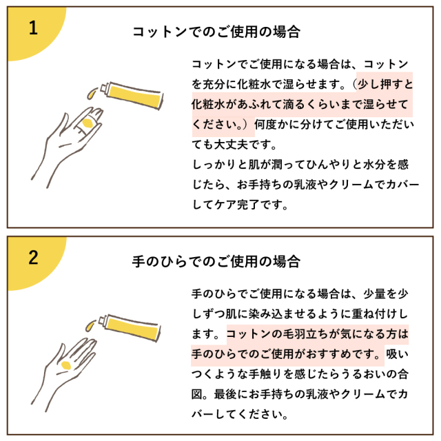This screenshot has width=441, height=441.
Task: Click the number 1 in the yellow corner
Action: coord(33,28)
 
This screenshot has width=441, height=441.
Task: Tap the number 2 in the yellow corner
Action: coord(33,257)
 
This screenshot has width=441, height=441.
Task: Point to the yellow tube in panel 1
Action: coord(132,95)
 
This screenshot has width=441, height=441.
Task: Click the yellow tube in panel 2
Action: coord(130,327)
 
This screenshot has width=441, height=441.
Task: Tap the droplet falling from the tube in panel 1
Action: coord(92,93)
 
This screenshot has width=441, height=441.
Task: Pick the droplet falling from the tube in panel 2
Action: coord(90,325)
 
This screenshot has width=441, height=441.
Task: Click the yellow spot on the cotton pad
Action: coord(88,123)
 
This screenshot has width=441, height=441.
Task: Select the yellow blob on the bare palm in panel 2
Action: coord(66,365)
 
